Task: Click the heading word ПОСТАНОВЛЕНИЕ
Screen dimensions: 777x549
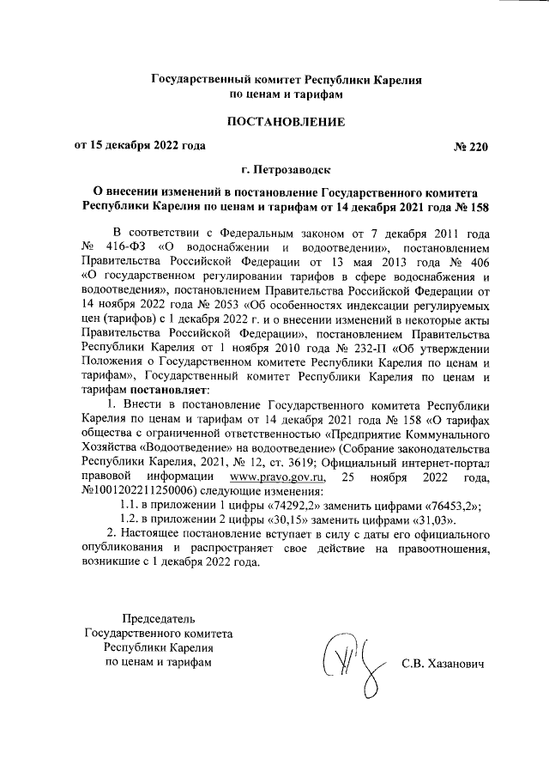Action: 286,122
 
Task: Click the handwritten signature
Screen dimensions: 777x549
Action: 347,665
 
